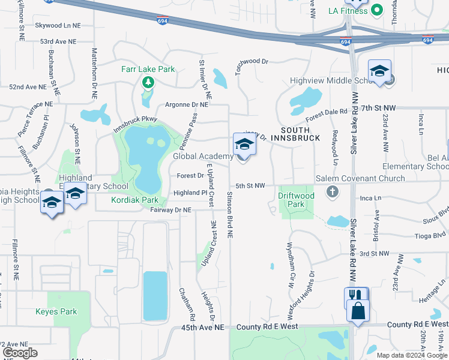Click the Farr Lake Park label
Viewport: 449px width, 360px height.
[x=148, y=69]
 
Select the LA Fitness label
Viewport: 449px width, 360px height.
[x=348, y=11]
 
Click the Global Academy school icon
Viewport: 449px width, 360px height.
[x=244, y=145]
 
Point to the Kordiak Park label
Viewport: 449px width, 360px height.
[x=134, y=199]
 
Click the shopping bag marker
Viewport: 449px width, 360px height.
[x=358, y=311]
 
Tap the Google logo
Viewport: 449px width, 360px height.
[x=20, y=353]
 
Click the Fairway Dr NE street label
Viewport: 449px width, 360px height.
[x=170, y=210]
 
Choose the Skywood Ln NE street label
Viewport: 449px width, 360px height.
[x=58, y=26]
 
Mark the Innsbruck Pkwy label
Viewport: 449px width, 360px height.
[x=135, y=123]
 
